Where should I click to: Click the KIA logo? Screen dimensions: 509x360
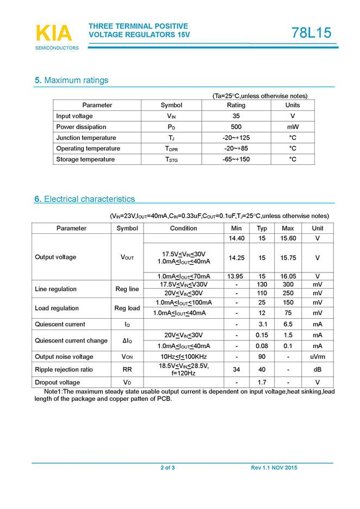point(54,34)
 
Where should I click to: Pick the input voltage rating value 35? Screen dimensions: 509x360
point(236,116)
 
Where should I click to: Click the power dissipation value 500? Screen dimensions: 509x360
point(236,127)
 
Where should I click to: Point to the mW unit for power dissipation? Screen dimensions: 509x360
point(293,127)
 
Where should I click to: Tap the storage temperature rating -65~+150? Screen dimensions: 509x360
point(236,159)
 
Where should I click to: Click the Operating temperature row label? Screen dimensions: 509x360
point(88,148)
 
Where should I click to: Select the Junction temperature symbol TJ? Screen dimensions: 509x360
point(171,138)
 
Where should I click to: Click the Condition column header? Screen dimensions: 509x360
point(183,228)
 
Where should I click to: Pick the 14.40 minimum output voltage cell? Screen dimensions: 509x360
point(236,239)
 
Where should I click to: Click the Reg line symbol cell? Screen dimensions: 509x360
point(127,289)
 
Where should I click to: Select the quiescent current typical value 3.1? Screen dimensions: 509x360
point(262,324)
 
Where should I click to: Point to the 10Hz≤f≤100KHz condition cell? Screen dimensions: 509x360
point(183,357)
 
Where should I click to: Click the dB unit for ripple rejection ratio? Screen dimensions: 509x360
point(318,370)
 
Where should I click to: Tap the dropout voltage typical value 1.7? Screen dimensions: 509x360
point(262,382)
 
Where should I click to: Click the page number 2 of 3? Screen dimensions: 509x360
point(167,468)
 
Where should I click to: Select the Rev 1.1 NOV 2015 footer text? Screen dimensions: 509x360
point(274,468)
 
